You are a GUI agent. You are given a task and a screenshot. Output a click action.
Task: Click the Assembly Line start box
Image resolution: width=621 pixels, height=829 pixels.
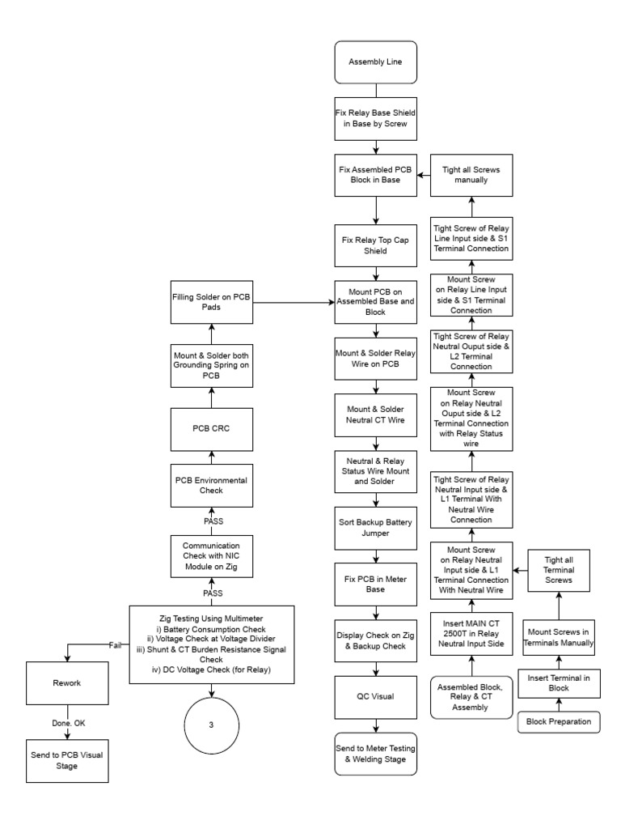(x=374, y=61)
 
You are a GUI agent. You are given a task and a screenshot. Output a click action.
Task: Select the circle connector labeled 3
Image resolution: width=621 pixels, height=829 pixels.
(x=211, y=725)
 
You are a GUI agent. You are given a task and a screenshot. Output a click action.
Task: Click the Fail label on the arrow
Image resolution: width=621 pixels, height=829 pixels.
(x=116, y=644)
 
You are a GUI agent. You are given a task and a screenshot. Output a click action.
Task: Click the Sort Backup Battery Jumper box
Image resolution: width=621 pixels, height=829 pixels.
(x=374, y=528)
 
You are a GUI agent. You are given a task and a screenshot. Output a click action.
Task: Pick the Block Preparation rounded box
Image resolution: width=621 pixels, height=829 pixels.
(x=559, y=720)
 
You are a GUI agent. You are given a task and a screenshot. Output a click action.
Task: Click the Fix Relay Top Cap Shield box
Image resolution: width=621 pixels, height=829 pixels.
(x=374, y=245)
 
